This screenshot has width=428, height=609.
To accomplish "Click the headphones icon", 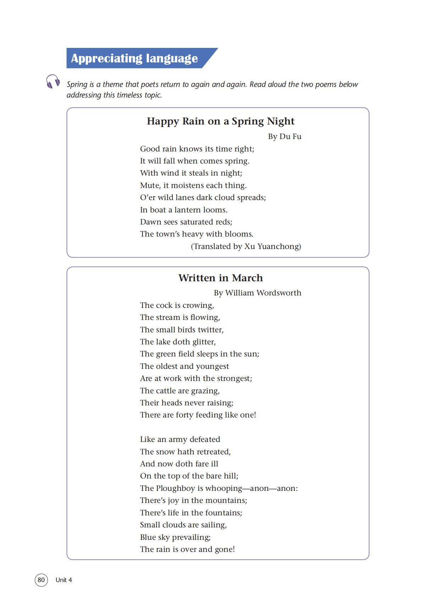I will [52, 82].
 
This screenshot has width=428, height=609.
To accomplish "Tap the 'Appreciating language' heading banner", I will [134, 58].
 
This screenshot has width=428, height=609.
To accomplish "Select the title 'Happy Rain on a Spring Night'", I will [221, 121].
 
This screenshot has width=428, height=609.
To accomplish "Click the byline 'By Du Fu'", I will [284, 137].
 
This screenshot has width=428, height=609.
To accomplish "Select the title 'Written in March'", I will [221, 278].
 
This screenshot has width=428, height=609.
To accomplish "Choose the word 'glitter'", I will [204, 342].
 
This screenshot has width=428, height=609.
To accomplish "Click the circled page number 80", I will [41, 580].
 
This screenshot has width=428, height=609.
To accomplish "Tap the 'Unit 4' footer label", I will [64, 580].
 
